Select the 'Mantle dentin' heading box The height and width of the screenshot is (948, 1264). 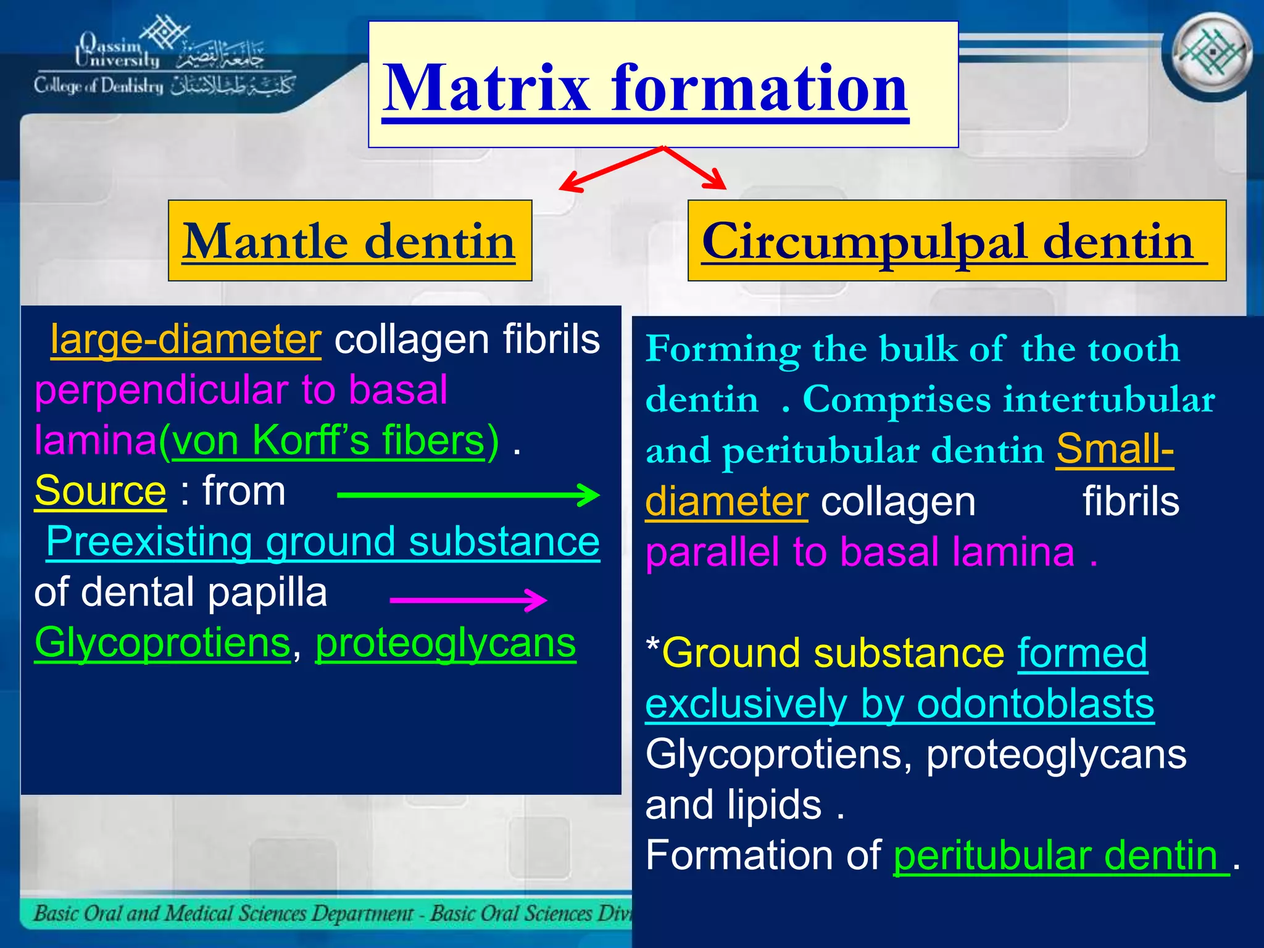(349, 241)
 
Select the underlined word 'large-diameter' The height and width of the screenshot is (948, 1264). (186, 340)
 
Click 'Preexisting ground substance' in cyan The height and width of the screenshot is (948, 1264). (323, 543)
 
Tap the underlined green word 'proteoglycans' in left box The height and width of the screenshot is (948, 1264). (445, 644)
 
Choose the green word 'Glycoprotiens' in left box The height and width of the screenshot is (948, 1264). (162, 644)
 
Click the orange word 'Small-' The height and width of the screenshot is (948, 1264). (1115, 450)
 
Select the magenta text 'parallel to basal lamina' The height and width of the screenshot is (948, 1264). (860, 552)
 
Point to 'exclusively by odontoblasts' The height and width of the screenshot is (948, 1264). (899, 704)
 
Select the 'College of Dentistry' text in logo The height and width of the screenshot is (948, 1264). (99, 86)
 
